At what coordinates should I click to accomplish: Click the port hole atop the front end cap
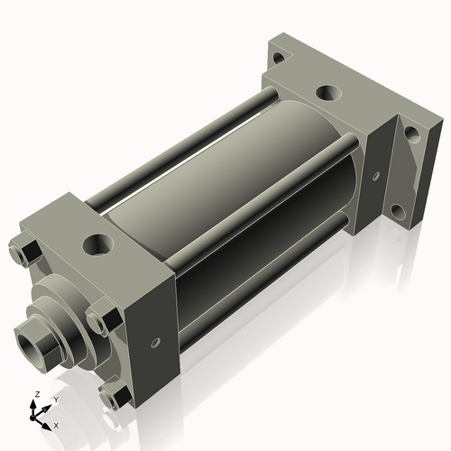pos(97,244)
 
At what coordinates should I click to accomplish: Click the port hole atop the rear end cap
pos(327,93)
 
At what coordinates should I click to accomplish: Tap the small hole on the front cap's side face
pos(156,343)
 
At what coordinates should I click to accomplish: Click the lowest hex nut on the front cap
pos(113,395)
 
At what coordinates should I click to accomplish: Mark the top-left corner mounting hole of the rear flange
pos(278,59)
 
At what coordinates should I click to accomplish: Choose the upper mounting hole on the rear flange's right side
pos(411,134)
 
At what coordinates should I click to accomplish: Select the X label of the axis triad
pos(57,424)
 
